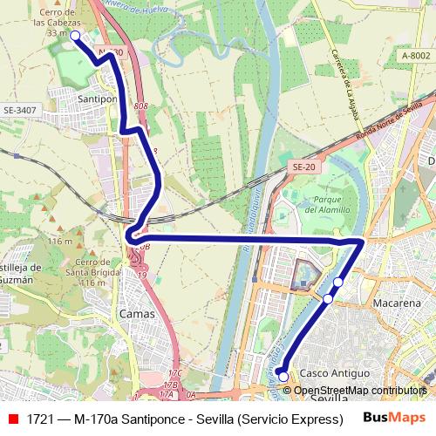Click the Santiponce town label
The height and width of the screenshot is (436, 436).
tap(98, 100)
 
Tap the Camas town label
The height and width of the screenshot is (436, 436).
tap(137, 313)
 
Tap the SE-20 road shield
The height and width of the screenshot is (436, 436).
tap(303, 167)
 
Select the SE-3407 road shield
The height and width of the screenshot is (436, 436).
tap(20, 111)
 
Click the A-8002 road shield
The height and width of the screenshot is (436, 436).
tap(415, 55)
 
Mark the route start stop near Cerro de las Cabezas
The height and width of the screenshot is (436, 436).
tap(75, 36)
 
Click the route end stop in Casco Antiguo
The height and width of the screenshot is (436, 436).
tap(283, 377)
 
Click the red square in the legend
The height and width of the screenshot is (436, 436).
tap(12, 419)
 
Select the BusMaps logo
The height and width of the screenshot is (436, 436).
tap(394, 418)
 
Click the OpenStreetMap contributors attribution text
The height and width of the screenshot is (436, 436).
tap(360, 390)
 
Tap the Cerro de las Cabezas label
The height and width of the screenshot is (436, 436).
tap(58, 18)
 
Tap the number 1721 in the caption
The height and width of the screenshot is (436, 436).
tap(39, 419)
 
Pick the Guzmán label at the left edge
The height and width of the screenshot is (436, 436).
tap(16, 281)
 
